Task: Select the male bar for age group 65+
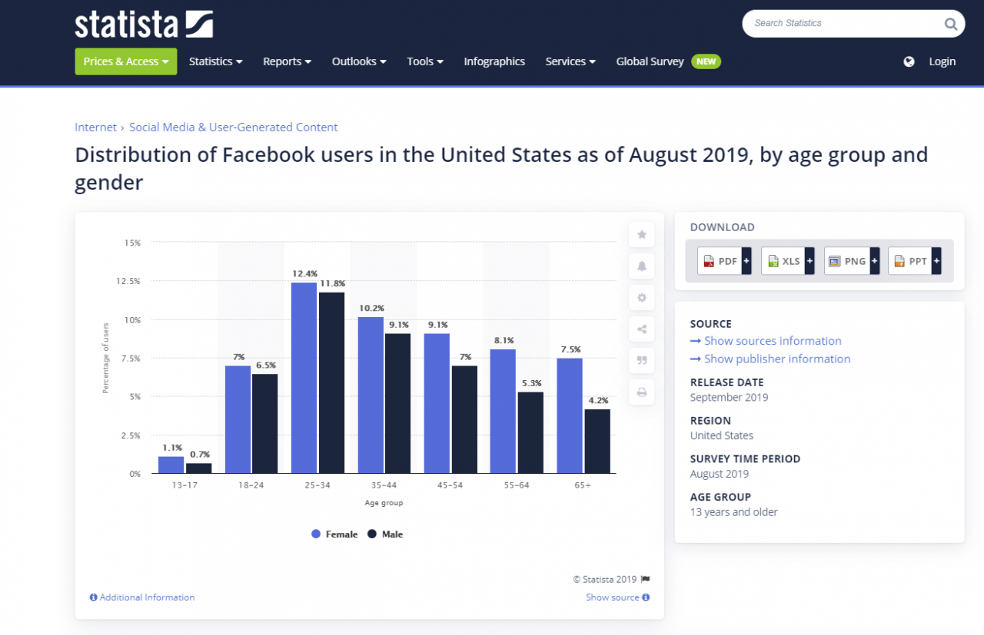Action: [x=597, y=442]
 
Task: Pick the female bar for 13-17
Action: [x=171, y=465]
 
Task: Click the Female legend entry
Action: [x=334, y=534]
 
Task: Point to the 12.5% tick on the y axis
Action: [x=128, y=282]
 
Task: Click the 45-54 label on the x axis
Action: [x=450, y=486]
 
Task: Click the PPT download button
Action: [x=914, y=261]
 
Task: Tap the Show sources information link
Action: [x=772, y=341]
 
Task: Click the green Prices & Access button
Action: [x=126, y=61]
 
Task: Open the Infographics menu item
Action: [x=494, y=61]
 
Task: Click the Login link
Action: [x=942, y=61]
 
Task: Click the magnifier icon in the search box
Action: [x=950, y=24]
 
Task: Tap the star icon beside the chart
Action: [x=642, y=235]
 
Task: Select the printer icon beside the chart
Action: [x=642, y=392]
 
